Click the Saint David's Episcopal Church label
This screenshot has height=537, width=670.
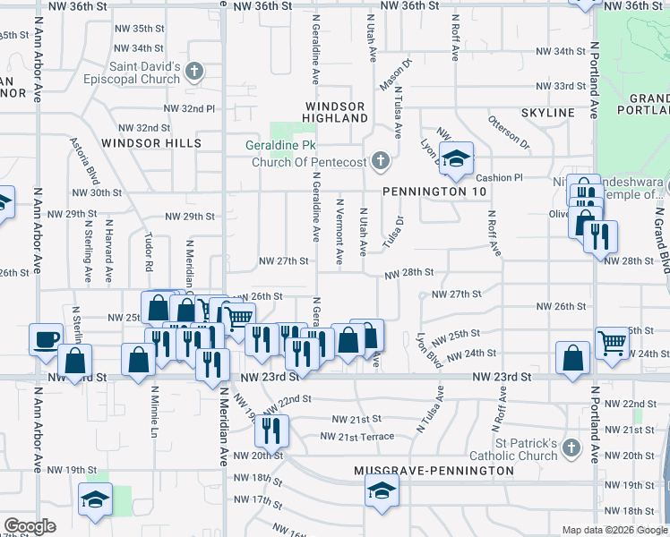pos(145,72)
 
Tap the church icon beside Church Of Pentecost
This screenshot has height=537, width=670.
pos(381,161)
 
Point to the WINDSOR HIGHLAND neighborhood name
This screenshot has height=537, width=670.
pos(334,112)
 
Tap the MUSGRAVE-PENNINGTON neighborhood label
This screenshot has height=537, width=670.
pos(434,470)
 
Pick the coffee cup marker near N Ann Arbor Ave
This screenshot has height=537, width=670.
pos(46,339)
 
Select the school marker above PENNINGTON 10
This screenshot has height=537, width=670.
pos(457,159)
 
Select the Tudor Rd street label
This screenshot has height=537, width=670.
pos(149,252)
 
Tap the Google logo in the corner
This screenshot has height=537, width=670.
pos(30,526)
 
